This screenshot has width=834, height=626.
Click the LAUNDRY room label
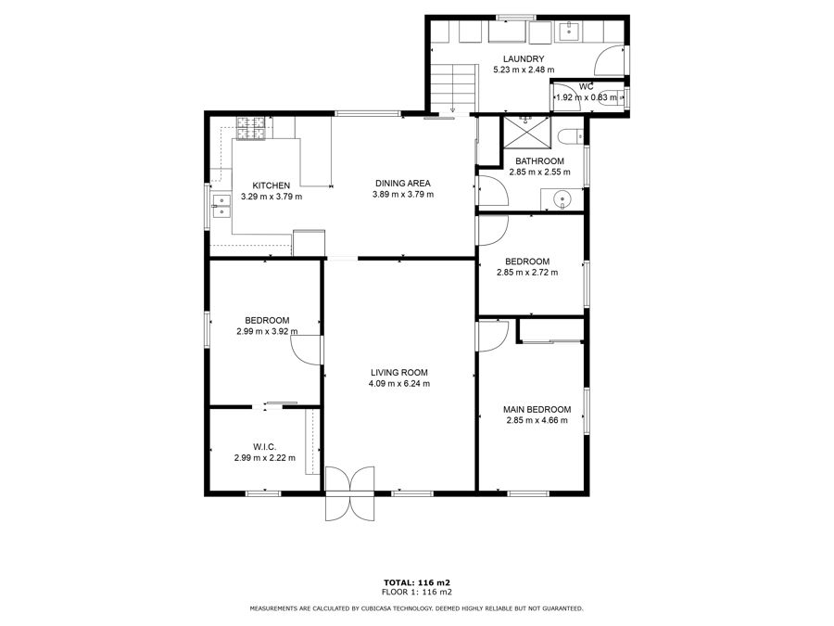[524, 58]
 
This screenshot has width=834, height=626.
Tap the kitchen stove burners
[250, 128]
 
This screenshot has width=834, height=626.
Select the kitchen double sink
[221, 206]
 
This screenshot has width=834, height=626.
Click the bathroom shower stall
[527, 132]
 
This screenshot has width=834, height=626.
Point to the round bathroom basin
[562, 199]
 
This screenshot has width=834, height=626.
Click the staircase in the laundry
[452, 88]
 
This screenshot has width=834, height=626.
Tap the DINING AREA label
[403, 183]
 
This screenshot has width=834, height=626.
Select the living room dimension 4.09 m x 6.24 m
[399, 383]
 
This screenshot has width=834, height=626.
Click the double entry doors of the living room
[349, 493]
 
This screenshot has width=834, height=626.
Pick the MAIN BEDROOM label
[537, 409]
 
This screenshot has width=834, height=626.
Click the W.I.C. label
[264, 447]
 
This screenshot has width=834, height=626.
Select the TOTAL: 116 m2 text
[417, 582]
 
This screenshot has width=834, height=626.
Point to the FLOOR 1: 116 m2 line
[417, 592]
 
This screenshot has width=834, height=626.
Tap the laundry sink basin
[569, 32]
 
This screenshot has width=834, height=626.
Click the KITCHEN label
[272, 185]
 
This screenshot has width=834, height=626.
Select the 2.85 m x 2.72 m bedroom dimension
[527, 272]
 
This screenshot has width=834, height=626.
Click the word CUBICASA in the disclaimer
[378, 608]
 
